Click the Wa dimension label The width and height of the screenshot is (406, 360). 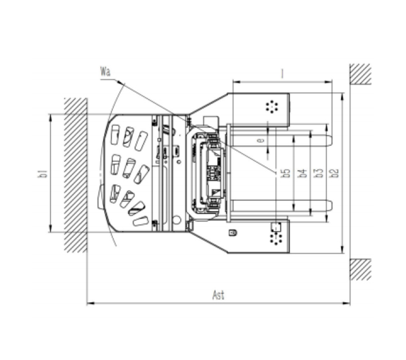(x=105, y=71)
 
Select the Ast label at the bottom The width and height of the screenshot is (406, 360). (x=218, y=295)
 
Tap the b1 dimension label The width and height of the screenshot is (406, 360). (x=43, y=173)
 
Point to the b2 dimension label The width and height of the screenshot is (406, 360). (x=335, y=173)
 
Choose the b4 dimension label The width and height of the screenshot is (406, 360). (x=302, y=173)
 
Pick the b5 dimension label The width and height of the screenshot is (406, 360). (x=286, y=173)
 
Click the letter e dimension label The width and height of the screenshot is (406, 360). (x=261, y=140)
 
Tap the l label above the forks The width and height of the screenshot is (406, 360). (x=282, y=74)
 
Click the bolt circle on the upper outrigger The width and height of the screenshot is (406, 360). (x=272, y=106)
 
